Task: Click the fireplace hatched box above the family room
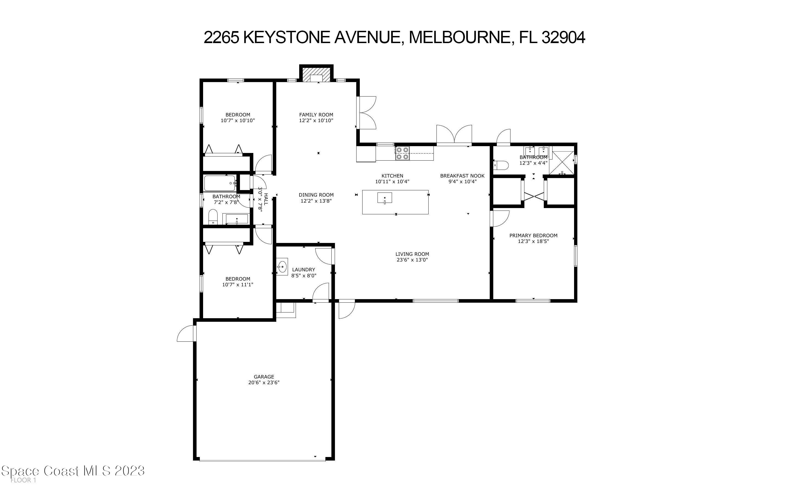(316, 75)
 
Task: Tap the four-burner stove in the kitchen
(402, 153)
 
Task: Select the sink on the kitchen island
(385, 198)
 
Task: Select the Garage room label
(264, 377)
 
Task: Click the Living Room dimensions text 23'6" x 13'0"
(412, 260)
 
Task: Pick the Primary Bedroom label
(533, 235)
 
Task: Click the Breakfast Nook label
(462, 176)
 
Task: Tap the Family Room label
(316, 115)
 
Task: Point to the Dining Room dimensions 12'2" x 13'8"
(316, 201)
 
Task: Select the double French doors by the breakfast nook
(454, 135)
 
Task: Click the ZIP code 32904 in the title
(563, 37)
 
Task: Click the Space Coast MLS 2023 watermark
(73, 471)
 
